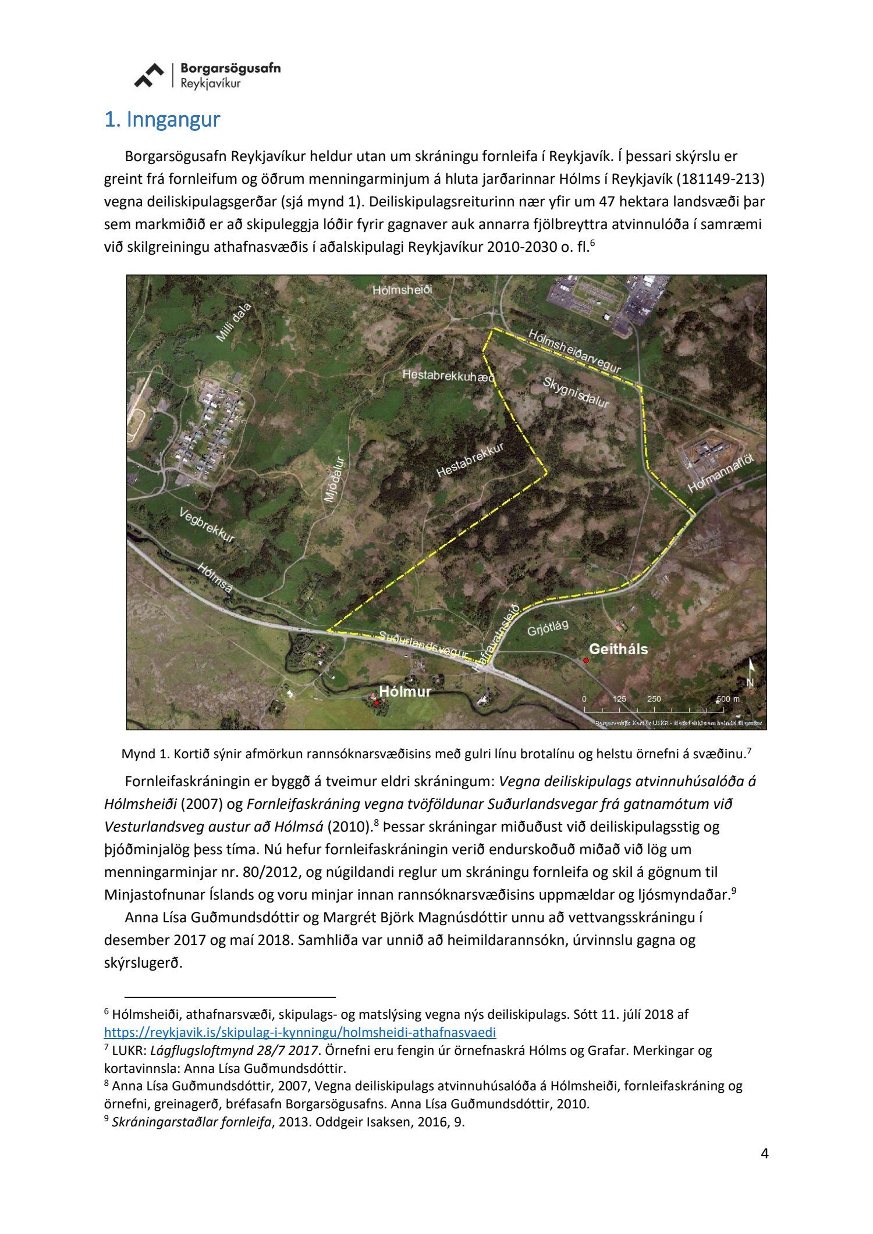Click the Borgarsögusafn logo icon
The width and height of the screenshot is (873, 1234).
point(149,76)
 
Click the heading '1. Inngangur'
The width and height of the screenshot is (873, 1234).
point(162,120)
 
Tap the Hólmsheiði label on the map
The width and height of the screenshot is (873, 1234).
point(403,290)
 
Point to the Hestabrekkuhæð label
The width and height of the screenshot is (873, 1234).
point(448,376)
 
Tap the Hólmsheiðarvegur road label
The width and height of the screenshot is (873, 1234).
point(575,351)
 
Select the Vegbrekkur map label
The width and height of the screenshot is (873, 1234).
point(207,526)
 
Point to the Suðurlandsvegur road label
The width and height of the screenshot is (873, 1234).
point(423,644)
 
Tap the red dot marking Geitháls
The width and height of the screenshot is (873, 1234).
point(586,661)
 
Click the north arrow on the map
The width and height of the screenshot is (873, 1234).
point(750,673)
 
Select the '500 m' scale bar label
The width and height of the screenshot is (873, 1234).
point(728,698)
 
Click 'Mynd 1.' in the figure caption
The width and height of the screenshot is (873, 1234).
point(140,754)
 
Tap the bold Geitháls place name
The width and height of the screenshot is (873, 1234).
point(618,649)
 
